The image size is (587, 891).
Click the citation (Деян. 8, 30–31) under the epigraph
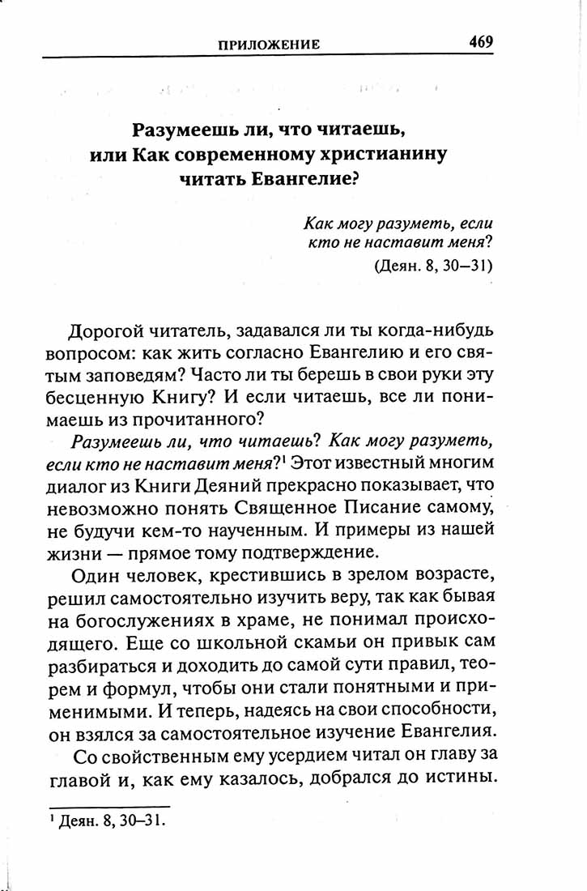coord(434,265)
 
